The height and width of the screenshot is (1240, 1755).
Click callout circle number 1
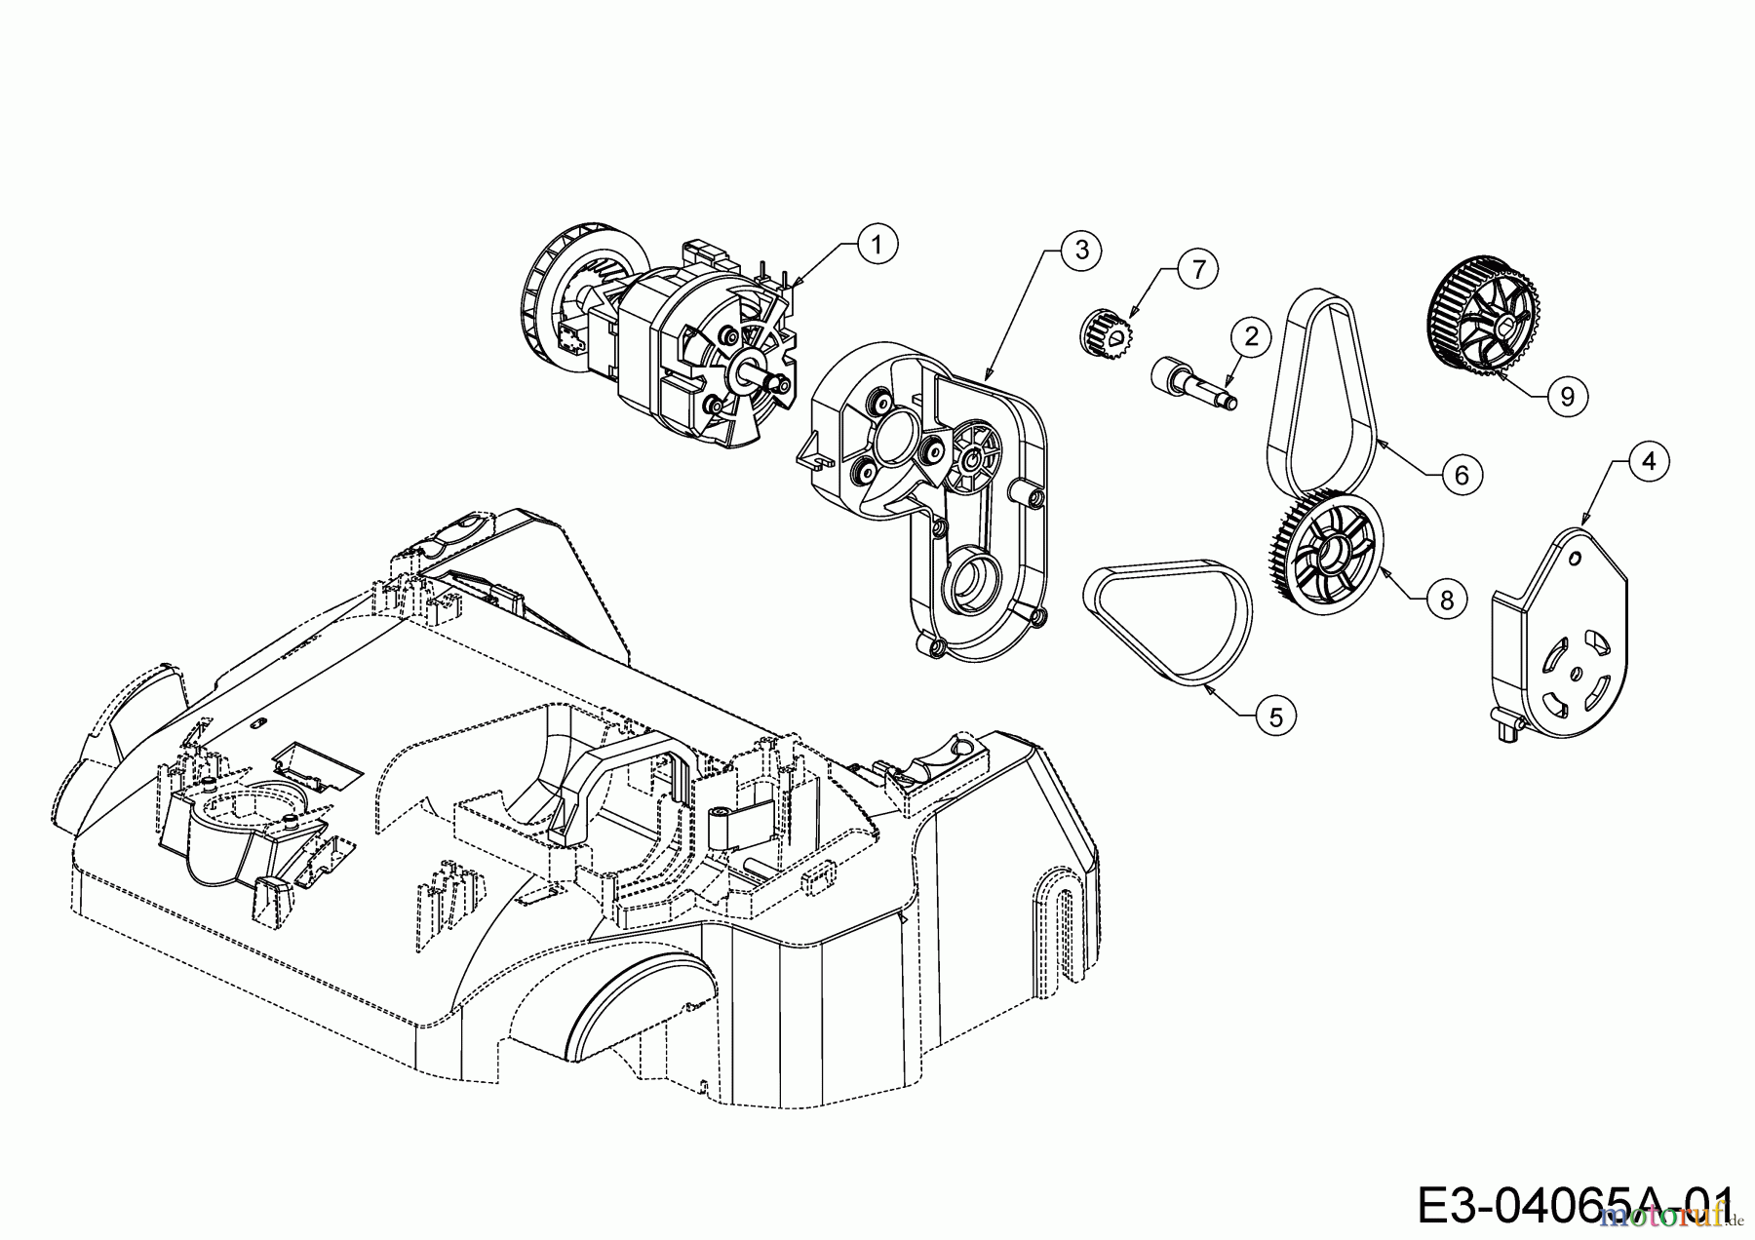click(877, 245)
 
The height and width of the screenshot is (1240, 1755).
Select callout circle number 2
click(1251, 337)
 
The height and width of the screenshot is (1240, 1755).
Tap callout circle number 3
click(1080, 250)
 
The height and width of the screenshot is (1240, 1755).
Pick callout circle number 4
click(1648, 461)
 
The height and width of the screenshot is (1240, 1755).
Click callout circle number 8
click(1446, 600)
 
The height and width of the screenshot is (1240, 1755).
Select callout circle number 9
click(1567, 396)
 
